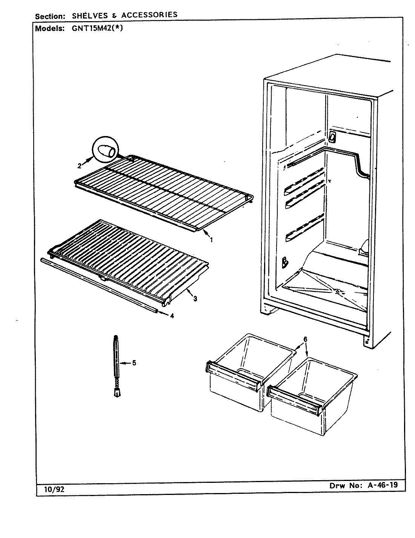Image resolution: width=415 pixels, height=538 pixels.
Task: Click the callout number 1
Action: coord(211,240)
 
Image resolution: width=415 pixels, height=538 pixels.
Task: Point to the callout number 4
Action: coord(172,316)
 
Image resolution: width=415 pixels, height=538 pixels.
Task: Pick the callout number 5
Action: coord(134,363)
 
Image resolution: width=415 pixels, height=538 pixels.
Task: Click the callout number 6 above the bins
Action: coord(305,339)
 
